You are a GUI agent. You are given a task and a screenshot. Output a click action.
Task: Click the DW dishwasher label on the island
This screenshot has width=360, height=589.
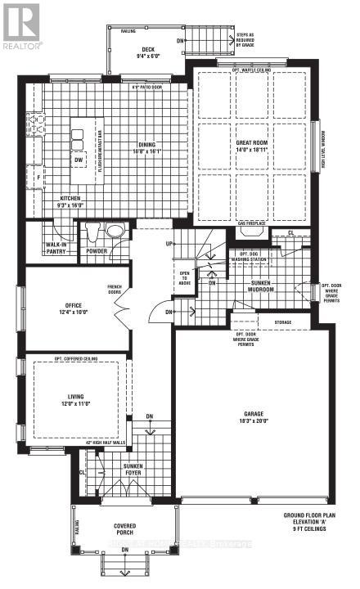point(79,161)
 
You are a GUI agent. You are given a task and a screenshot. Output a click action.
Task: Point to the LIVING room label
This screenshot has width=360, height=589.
point(75,399)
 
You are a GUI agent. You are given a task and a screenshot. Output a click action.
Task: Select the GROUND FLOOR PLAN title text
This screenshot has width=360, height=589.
point(309,515)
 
